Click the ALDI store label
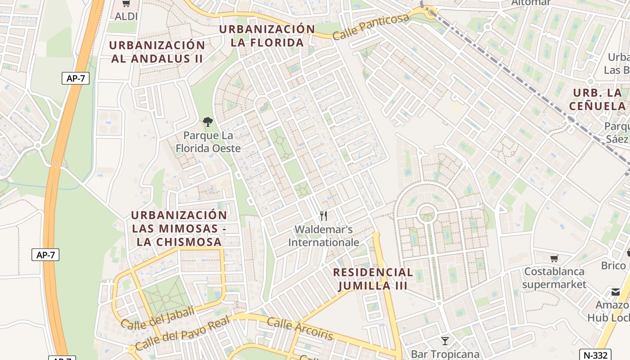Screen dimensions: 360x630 tap(126, 17)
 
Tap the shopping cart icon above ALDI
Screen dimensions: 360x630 tap(126, 4)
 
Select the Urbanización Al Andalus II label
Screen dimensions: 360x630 tap(157, 52)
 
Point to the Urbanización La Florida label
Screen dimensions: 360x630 tap(267, 36)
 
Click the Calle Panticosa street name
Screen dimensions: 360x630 tap(371, 27)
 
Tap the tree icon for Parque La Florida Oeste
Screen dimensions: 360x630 tap(207, 121)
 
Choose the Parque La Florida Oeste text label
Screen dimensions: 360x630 tap(208, 142)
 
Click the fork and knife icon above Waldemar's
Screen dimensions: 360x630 tap(323, 216)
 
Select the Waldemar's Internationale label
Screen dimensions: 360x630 tap(324, 236)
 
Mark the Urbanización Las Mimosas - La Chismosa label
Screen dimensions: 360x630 tap(179, 228)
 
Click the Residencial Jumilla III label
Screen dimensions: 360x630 tap(373, 279)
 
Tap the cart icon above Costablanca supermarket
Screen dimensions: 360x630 tap(554, 258)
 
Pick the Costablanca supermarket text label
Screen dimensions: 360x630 tap(554, 278)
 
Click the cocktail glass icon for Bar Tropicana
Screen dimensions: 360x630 tap(445, 341)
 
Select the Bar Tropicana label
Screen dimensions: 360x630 tap(445, 354)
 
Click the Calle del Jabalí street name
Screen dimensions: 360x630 tap(157, 317)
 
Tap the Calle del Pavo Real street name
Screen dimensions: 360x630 tap(182, 333)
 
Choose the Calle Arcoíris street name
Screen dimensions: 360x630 tap(300, 329)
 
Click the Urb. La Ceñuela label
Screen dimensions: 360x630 tap(598, 99)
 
